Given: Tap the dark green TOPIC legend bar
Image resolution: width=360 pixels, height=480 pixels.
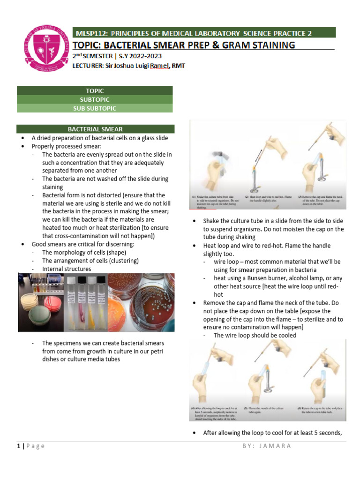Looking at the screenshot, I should click(x=95, y=90).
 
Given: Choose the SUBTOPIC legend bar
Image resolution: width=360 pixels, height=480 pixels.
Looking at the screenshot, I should click(x=95, y=99).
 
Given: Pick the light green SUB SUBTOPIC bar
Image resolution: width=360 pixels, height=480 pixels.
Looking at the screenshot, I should click(x=95, y=108).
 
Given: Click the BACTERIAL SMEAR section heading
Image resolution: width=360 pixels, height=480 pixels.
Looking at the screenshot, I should click(x=95, y=129).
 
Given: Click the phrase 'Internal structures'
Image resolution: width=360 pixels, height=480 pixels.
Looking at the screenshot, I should click(x=67, y=269).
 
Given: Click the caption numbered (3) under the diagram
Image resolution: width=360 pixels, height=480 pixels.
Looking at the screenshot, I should click(x=321, y=201).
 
